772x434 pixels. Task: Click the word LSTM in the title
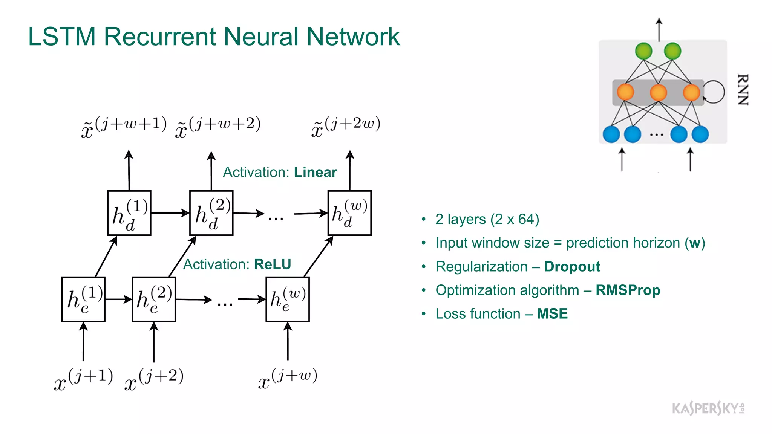[62, 37]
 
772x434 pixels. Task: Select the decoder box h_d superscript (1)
[129, 213]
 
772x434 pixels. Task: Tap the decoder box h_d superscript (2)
[211, 213]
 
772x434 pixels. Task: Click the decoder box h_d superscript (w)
[349, 213]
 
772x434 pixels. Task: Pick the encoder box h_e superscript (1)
[83, 300]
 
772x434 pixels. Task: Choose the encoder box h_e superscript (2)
[154, 300]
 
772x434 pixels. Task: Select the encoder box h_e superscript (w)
[288, 300]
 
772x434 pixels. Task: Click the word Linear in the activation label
[315, 172]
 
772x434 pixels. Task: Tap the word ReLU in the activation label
[273, 264]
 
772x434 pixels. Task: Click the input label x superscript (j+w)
[288, 379]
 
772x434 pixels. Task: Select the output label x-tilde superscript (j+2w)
[346, 127]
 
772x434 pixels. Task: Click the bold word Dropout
[572, 267]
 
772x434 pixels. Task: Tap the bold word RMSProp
[628, 290]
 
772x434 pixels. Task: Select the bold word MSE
[552, 314]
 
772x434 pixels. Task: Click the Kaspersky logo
[708, 408]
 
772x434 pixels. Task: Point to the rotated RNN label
[742, 90]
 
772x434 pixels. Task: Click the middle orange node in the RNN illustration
[658, 92]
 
